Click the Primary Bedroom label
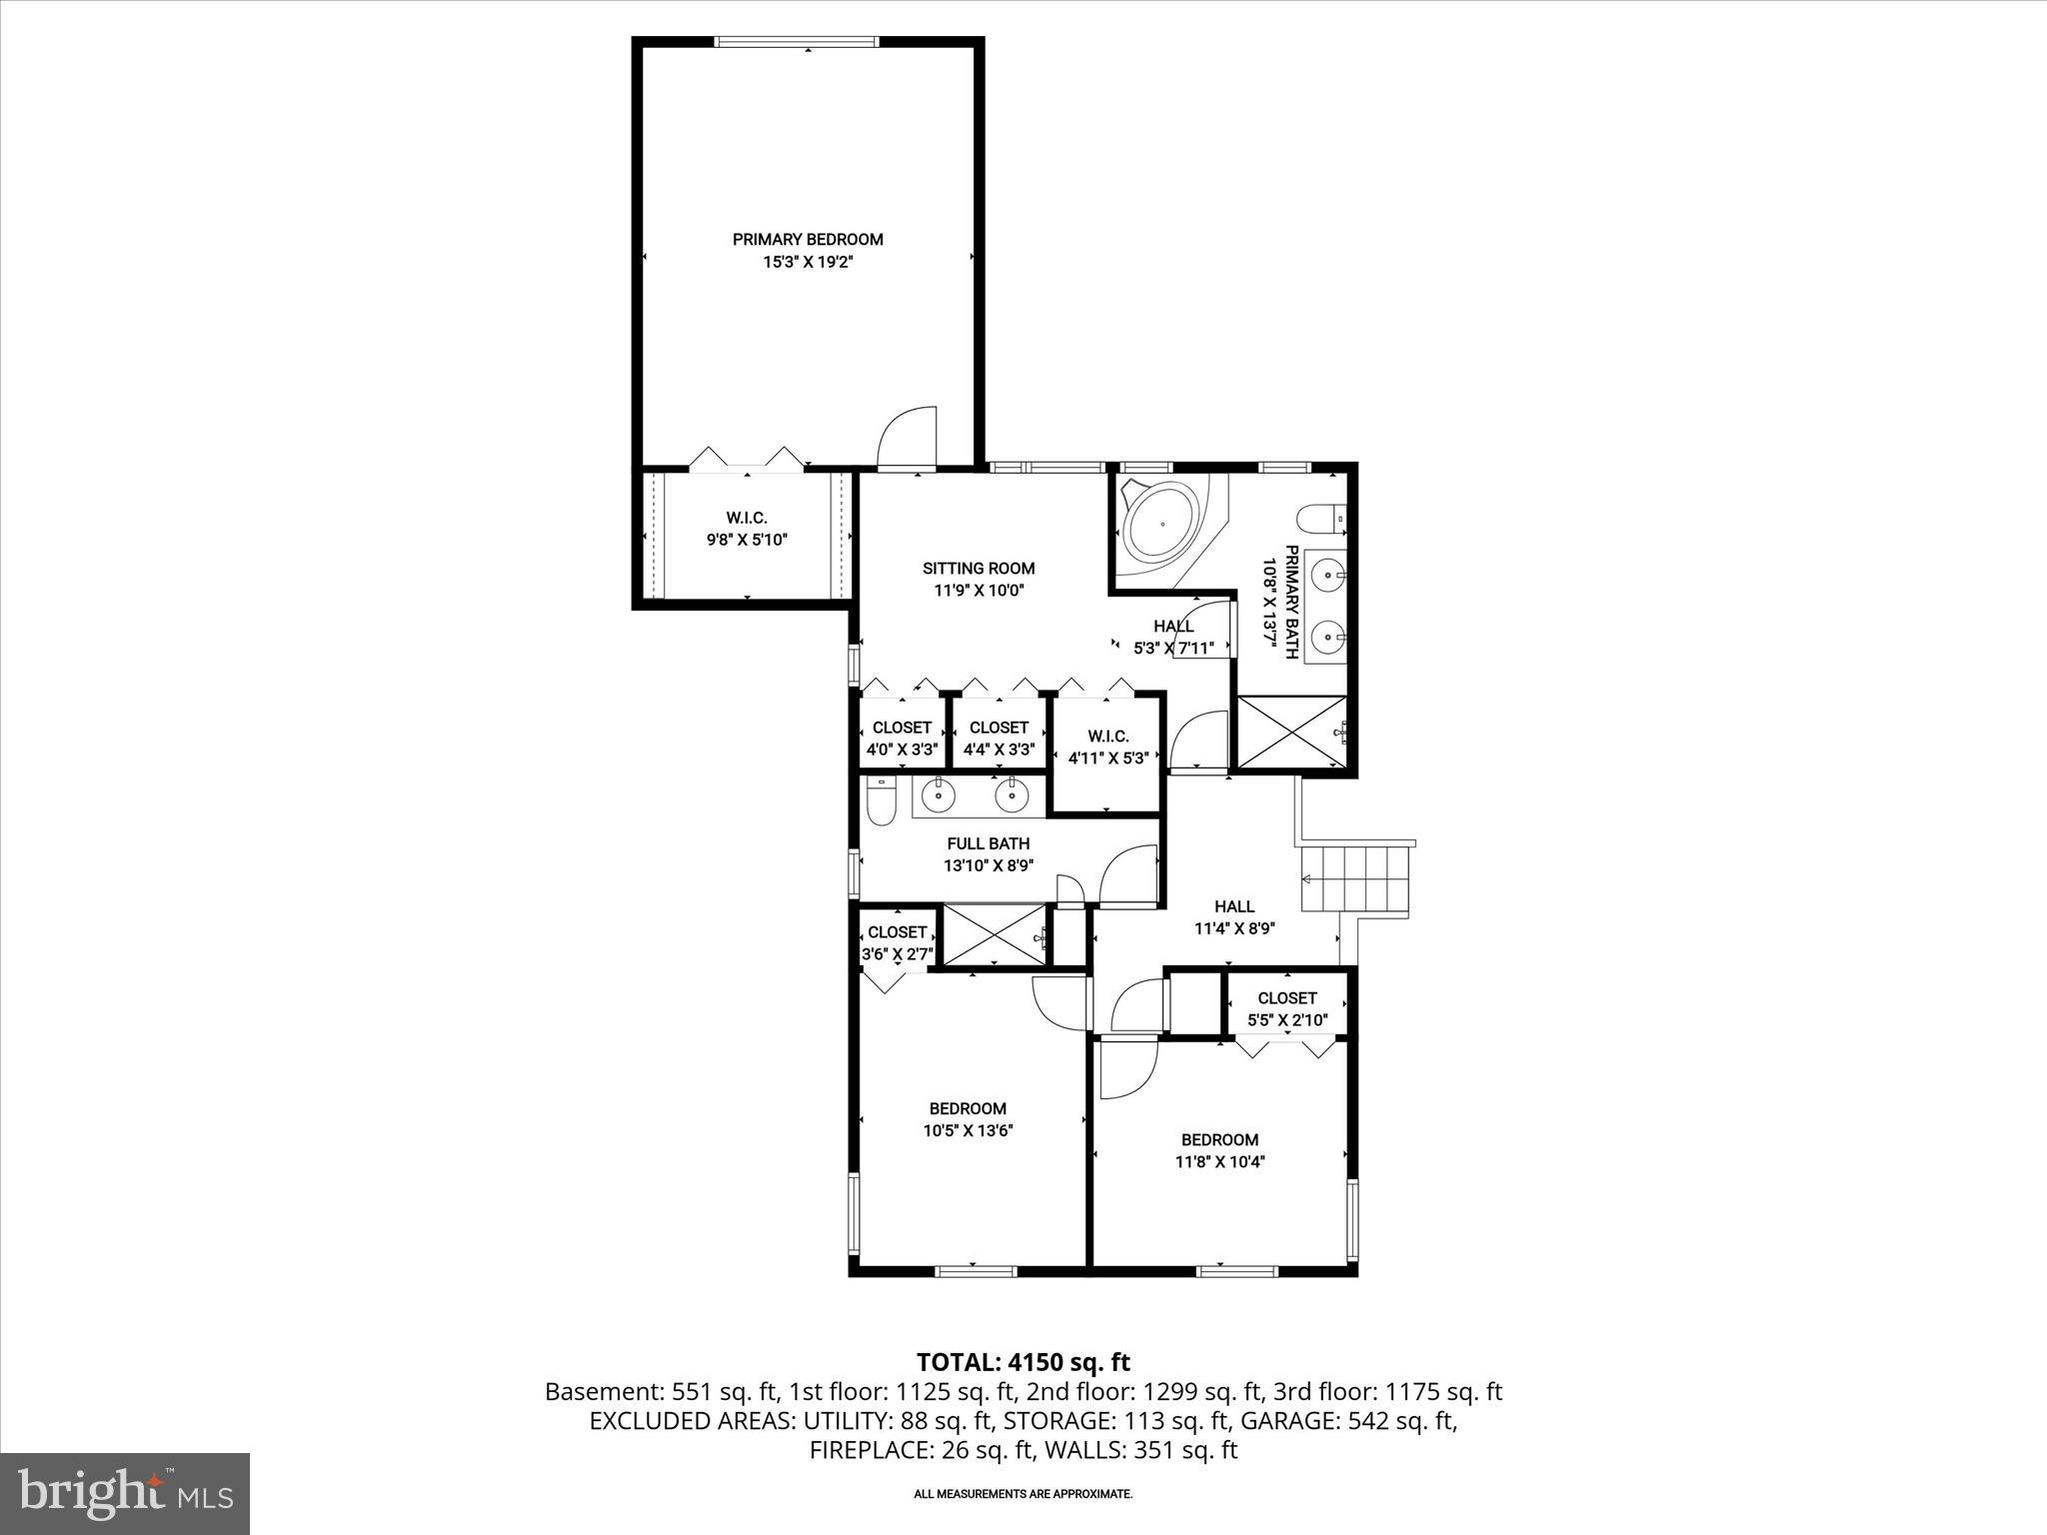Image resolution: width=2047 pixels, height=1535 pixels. tap(808, 240)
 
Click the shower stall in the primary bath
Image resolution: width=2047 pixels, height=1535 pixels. tap(1292, 733)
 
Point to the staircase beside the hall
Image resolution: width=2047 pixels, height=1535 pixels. tap(1355, 878)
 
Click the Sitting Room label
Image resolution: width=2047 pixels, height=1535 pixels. tap(978, 569)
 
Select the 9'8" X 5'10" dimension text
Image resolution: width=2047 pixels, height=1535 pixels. tap(747, 541)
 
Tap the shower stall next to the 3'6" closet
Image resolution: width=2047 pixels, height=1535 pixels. tap(995, 936)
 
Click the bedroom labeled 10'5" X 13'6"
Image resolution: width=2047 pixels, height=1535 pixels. tap(967, 1119)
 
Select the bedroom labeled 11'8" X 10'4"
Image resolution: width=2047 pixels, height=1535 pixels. tap(1219, 1150)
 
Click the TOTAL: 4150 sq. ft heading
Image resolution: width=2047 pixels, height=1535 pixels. tap(1023, 1362)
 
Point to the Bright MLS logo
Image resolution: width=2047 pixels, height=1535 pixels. tap(125, 1493)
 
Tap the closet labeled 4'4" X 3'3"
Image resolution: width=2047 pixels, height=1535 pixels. tap(999, 738)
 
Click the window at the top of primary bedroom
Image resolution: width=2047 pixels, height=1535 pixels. tap(797, 42)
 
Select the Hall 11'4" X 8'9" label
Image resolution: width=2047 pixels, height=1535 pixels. tap(1234, 916)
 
